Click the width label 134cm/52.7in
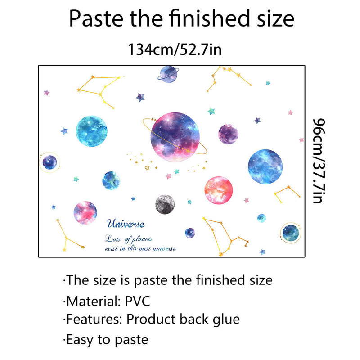click(175, 49)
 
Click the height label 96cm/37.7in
click(319, 161)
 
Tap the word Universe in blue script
click(126, 224)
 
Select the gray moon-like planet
click(165, 204)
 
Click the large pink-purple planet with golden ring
click(175, 137)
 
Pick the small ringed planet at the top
click(168, 74)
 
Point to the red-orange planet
click(219, 190)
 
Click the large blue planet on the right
click(265, 166)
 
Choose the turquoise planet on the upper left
click(92, 131)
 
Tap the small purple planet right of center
click(228, 134)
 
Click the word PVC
click(137, 301)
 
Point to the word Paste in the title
click(96, 18)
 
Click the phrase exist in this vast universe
click(140, 249)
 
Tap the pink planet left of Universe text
click(85, 212)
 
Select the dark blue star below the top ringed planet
click(140, 97)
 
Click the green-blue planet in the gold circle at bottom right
click(291, 233)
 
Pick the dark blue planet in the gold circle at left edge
click(49, 162)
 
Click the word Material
click(92, 301)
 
